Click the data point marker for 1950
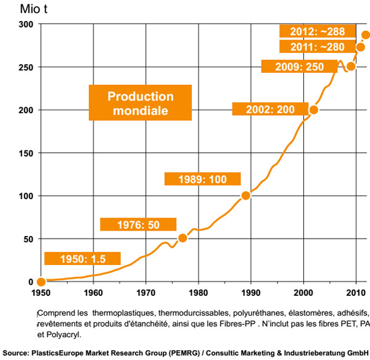tap(41, 282)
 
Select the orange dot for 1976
tap(183, 238)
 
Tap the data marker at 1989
tap(246, 195)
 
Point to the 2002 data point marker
tap(314, 110)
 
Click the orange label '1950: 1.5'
tap(82, 258)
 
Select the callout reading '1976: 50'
tap(138, 224)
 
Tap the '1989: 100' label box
tap(202, 179)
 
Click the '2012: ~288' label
tap(316, 30)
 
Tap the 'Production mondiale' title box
tap(141, 103)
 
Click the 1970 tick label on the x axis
tap(146, 293)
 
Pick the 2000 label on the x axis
tap(303, 293)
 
